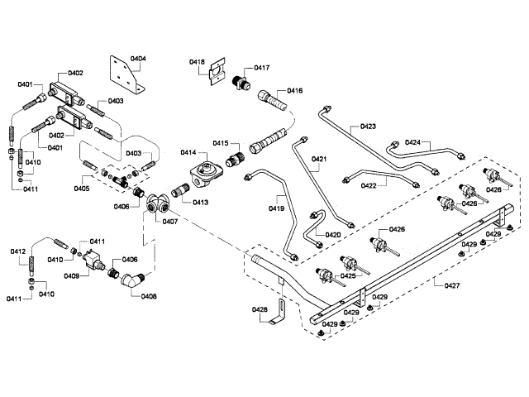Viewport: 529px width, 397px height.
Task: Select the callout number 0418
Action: pyautogui.click(x=197, y=61)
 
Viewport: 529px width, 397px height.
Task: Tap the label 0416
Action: pyautogui.click(x=293, y=90)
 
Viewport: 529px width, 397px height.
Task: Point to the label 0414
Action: pyautogui.click(x=188, y=153)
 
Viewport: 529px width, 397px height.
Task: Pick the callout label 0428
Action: pyautogui.click(x=260, y=310)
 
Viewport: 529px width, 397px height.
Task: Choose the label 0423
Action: pyautogui.click(x=368, y=127)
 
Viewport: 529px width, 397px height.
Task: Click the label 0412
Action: pyautogui.click(x=18, y=251)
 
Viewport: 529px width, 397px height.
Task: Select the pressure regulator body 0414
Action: pyautogui.click(x=203, y=175)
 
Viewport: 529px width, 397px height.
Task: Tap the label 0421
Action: pyautogui.click(x=319, y=158)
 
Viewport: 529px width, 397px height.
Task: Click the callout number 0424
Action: pyautogui.click(x=413, y=141)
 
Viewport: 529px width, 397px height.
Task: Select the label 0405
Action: pyautogui.click(x=81, y=189)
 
